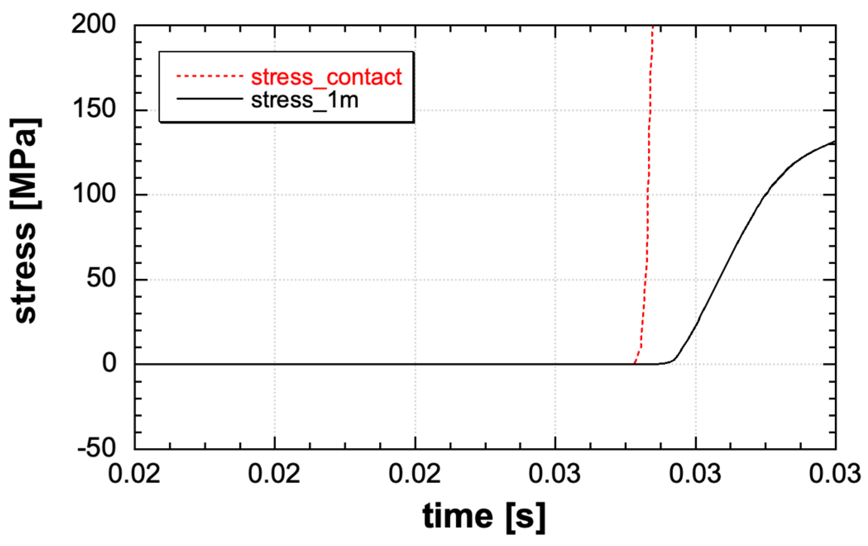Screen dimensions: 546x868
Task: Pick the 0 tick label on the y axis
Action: pyautogui.click(x=110, y=363)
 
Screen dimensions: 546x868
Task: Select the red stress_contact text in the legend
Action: pyautogui.click(x=326, y=77)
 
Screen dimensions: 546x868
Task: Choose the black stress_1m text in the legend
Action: pyautogui.click(x=304, y=100)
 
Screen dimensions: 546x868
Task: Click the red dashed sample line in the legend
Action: pyautogui.click(x=209, y=76)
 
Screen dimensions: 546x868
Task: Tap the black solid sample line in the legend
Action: pyautogui.click(x=209, y=99)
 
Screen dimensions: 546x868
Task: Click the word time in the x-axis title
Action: pyautogui.click(x=457, y=516)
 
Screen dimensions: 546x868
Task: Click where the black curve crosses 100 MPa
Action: pyautogui.click(x=764, y=195)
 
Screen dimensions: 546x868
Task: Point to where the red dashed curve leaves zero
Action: pyautogui.click(x=634, y=363)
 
